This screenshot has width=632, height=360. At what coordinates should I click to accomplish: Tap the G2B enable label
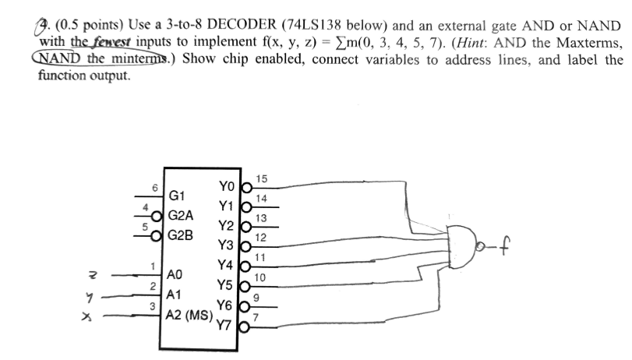point(182,233)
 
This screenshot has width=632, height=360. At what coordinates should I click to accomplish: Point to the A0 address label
point(176,274)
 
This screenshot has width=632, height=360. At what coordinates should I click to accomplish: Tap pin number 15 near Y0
point(261,179)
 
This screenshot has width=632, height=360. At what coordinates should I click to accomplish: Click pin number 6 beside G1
point(154,187)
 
